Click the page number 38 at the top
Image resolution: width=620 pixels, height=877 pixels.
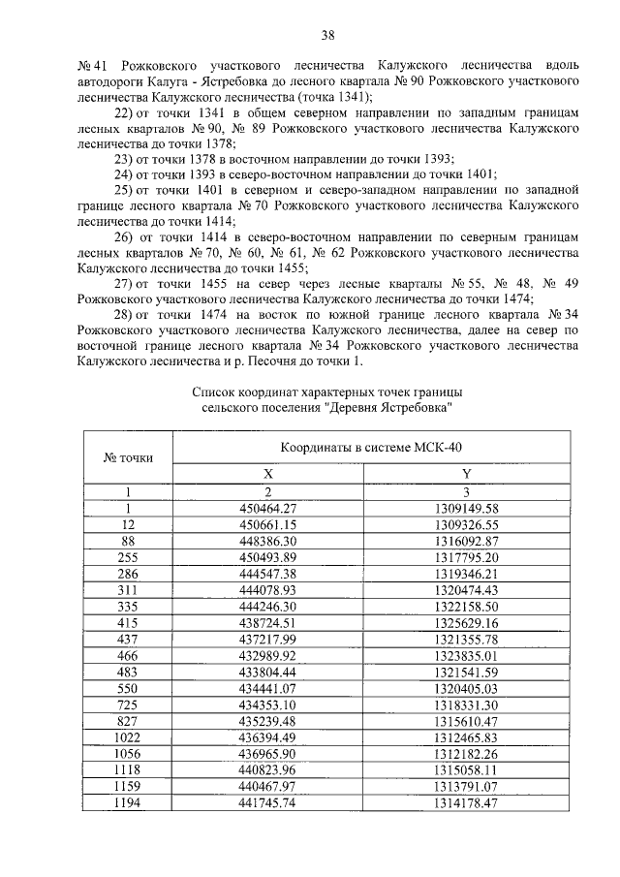click(327, 36)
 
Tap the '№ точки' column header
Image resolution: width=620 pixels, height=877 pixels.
click(128, 457)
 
